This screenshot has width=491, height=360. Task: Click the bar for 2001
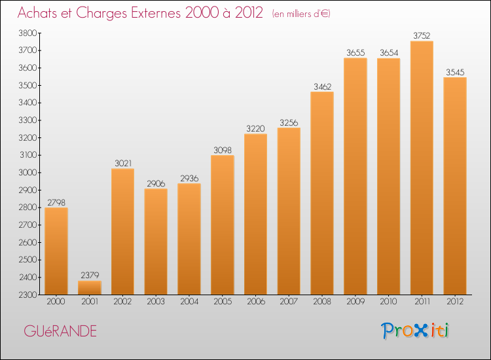(90, 287)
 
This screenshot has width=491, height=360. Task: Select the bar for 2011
(422, 168)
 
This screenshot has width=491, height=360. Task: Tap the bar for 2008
(322, 193)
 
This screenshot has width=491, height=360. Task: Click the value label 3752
(422, 36)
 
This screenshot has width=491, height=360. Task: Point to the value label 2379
(90, 276)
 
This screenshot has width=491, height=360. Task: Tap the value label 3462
(322, 86)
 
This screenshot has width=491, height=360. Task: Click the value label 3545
(455, 72)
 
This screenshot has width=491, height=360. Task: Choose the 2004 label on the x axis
(189, 303)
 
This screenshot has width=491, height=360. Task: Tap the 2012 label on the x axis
(455, 303)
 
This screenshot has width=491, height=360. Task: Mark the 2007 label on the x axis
(289, 303)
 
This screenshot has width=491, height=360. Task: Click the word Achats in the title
(39, 13)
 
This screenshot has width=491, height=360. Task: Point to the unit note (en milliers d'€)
(300, 14)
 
